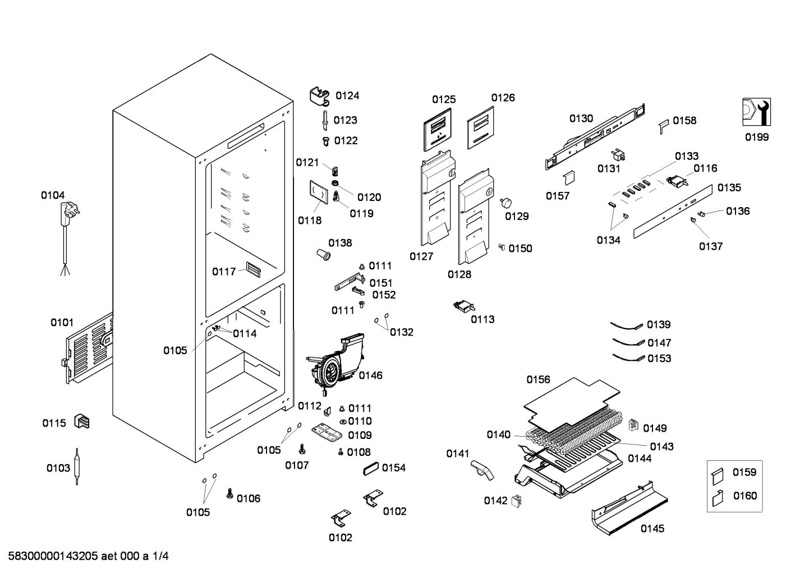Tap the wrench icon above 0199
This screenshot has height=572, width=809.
[756, 112]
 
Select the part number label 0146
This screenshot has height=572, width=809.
[370, 376]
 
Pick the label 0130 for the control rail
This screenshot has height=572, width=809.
[581, 118]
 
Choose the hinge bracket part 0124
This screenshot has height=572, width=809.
[320, 97]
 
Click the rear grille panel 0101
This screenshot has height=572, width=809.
[89, 349]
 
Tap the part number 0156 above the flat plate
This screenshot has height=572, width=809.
[538, 380]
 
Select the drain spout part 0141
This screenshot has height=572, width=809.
[482, 470]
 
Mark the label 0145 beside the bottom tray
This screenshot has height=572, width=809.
[652, 529]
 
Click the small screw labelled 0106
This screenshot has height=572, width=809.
[229, 493]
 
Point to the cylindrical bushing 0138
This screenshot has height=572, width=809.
[324, 255]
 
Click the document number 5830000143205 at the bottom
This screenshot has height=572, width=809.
[53, 556]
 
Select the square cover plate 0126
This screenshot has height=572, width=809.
[481, 127]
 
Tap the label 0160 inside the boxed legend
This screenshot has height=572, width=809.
[745, 496]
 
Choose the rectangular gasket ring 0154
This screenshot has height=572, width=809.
[370, 469]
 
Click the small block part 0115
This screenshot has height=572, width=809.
[81, 422]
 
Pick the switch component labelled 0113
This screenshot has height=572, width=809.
[464, 306]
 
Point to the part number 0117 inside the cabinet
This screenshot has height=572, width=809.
[224, 272]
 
